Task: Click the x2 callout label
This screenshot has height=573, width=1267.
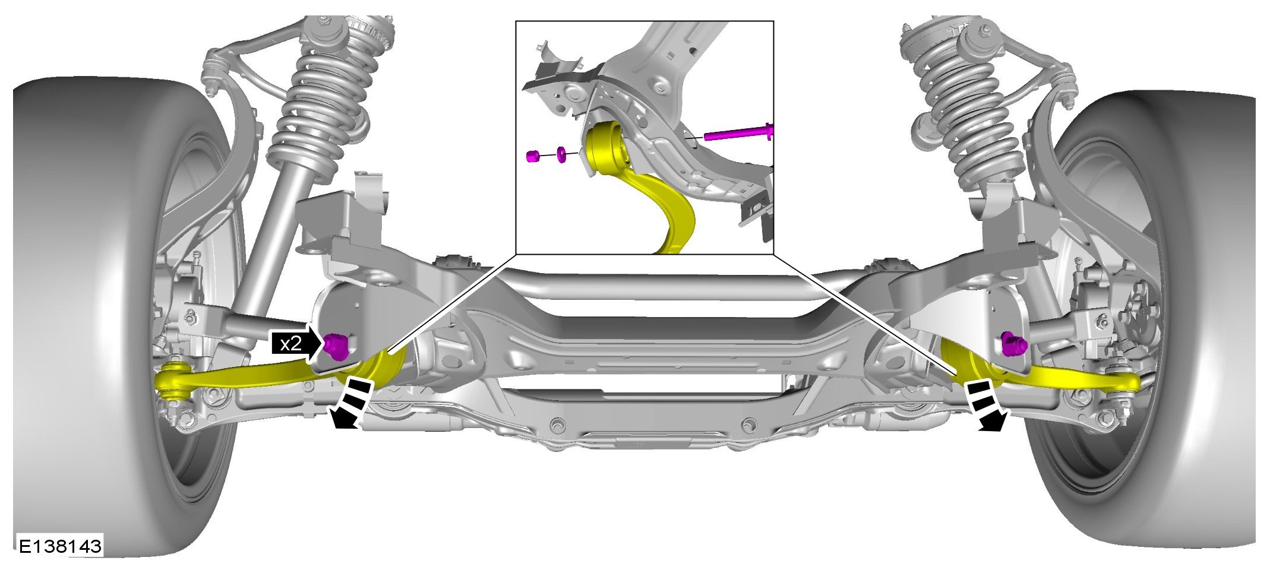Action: point(291,343)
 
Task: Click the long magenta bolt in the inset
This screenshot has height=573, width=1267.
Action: point(738,133)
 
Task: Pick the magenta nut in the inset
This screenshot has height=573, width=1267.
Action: point(533,157)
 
